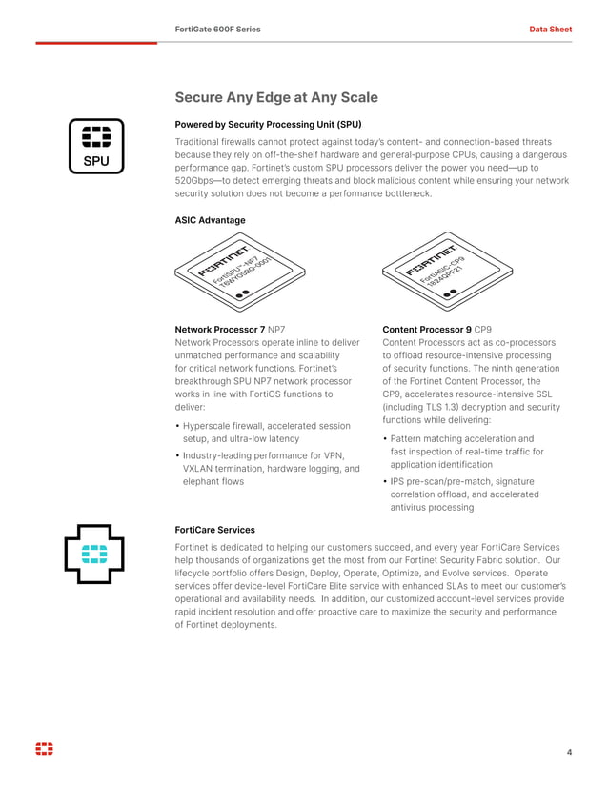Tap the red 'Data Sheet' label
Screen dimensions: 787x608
[x=550, y=30]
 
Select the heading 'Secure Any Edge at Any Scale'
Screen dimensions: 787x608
[x=276, y=97]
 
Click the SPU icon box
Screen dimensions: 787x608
[x=96, y=146]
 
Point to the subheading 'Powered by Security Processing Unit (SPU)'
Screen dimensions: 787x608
[x=268, y=124]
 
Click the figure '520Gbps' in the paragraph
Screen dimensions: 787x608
[x=196, y=180]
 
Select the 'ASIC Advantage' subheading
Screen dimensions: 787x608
[x=210, y=220]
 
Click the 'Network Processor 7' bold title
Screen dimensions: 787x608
[x=219, y=330]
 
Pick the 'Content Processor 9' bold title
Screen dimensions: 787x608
[x=426, y=330]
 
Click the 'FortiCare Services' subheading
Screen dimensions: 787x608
[x=214, y=529]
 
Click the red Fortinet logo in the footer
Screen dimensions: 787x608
[x=45, y=750]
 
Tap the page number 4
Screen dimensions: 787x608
[x=569, y=753]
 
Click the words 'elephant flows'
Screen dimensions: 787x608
[x=213, y=482]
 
